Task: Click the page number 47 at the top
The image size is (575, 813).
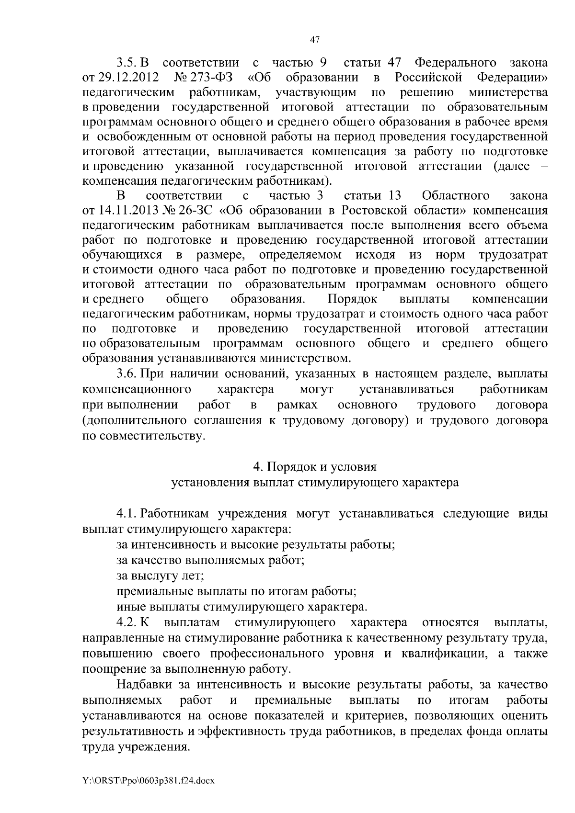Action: [314, 40]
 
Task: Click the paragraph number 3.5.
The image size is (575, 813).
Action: [127, 63]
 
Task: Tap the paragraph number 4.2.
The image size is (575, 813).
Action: [127, 623]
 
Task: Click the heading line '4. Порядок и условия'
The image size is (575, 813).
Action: [315, 467]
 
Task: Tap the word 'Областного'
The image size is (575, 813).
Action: [456, 196]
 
